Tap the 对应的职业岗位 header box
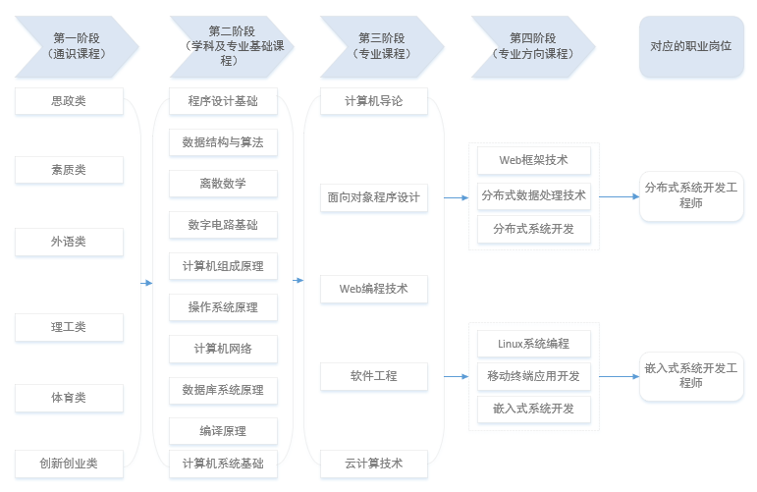pyautogui.click(x=691, y=46)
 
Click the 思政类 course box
pyautogui.click(x=69, y=101)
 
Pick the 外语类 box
pyautogui.click(x=69, y=242)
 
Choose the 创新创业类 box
pyautogui.click(x=69, y=464)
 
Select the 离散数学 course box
pyautogui.click(x=223, y=184)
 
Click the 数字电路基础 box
pyautogui.click(x=223, y=225)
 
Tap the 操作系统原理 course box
pyautogui.click(x=223, y=307)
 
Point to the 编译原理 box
pyautogui.click(x=223, y=431)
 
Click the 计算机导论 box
pyautogui.click(x=374, y=101)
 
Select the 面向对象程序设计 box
pyautogui.click(x=374, y=197)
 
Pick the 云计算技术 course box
pyautogui.click(x=374, y=464)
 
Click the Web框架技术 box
pyautogui.click(x=534, y=160)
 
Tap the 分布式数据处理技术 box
pyautogui.click(x=534, y=195)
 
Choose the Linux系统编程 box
pyautogui.click(x=534, y=344)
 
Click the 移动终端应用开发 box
pyautogui.click(x=534, y=376)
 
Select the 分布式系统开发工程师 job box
pyautogui.click(x=691, y=195)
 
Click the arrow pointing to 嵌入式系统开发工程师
pyautogui.click(x=618, y=376)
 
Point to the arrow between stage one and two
pyautogui.click(x=146, y=283)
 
